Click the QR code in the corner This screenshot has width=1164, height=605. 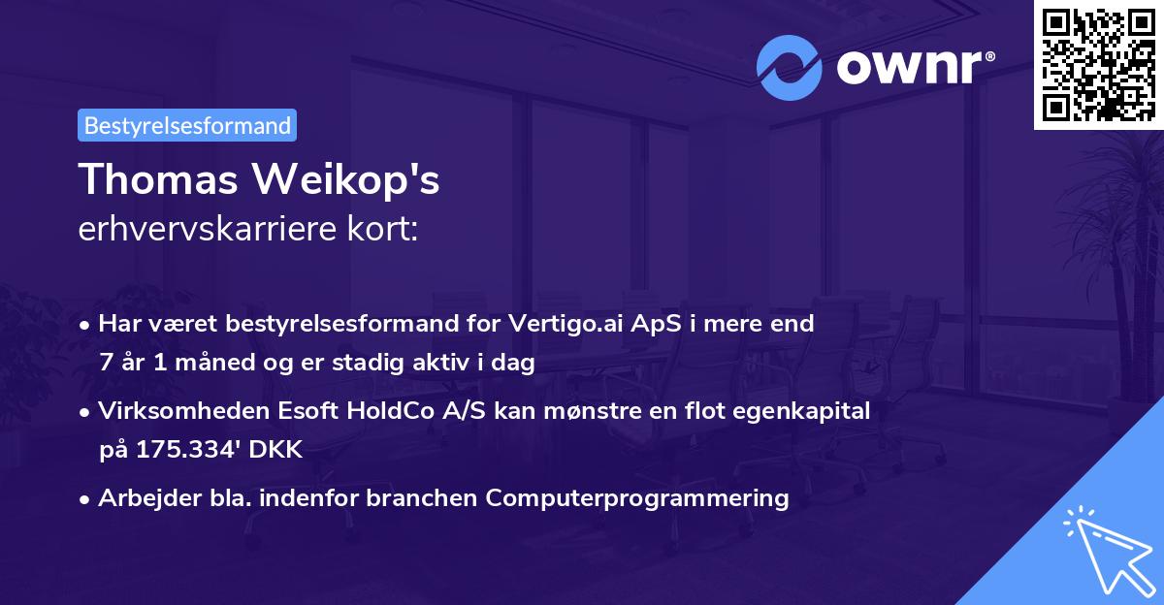pos(1098,64)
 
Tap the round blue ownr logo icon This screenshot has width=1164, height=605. pos(790,67)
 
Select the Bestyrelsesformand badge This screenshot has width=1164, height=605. pos(187,125)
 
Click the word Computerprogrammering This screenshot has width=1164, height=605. pos(637,498)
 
